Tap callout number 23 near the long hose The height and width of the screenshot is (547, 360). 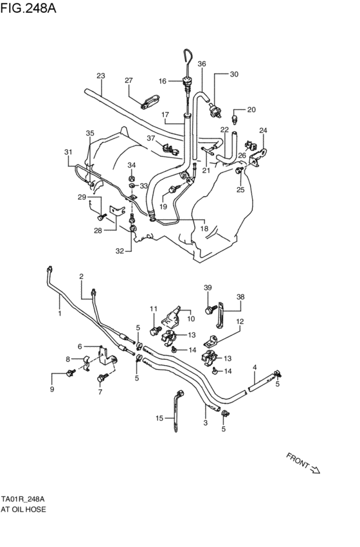click(100, 76)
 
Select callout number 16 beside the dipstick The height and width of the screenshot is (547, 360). click(163, 81)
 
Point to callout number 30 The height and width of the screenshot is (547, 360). click(234, 74)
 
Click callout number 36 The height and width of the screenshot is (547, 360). click(202, 64)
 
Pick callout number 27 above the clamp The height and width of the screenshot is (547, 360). click(129, 80)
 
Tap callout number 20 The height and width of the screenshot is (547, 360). click(251, 109)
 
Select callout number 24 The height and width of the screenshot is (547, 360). click(262, 130)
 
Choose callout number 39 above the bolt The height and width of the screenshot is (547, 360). click(208, 287)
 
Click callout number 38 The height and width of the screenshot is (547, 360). click(241, 297)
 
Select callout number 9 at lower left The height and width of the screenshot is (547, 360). click(53, 389)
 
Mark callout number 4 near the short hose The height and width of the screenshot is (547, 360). click(255, 367)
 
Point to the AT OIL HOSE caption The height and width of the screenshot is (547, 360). click(23, 508)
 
